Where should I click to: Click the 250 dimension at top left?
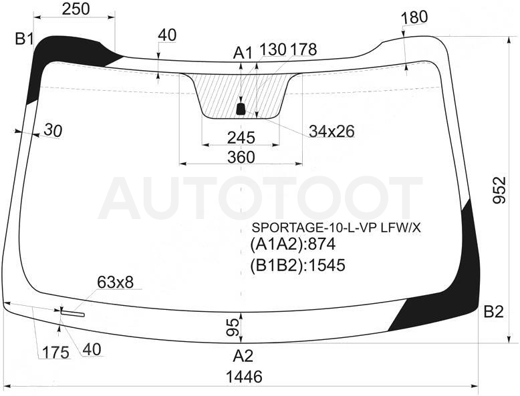76,9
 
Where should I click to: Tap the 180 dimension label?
414,17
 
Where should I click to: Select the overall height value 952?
499,190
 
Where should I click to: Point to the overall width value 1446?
244,377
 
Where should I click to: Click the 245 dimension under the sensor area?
241,138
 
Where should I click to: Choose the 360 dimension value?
241,157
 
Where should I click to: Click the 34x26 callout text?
332,132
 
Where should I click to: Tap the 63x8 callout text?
116,282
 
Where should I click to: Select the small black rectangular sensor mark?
241,109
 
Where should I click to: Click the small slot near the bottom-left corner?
73,313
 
